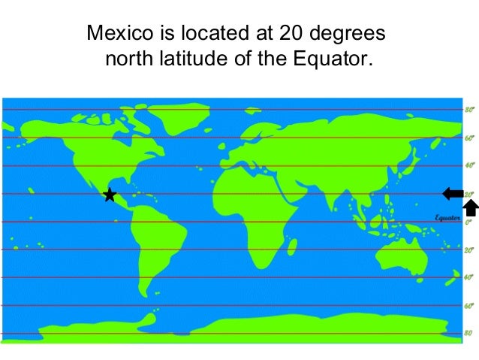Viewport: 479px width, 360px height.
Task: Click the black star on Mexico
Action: tap(110, 195)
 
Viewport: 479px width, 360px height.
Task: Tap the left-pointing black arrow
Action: tap(453, 193)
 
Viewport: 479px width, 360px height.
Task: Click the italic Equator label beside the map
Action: tap(447, 217)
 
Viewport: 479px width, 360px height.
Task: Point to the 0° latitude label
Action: tap(467, 222)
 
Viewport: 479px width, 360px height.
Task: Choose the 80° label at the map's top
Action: tap(468, 110)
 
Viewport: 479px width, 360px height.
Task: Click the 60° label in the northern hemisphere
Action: tap(468, 138)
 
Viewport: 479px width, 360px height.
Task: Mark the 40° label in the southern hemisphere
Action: tap(468, 277)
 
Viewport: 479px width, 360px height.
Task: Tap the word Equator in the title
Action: tap(333, 58)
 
